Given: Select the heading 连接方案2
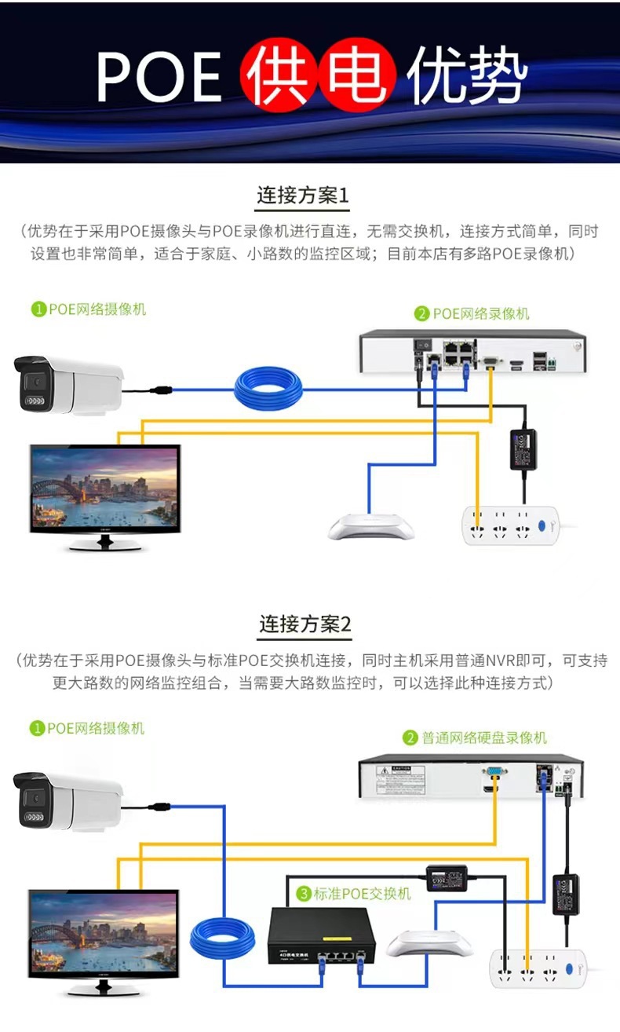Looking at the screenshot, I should click(305, 625).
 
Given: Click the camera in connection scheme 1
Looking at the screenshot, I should click(69, 386).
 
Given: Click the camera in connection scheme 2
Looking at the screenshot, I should click(69, 801).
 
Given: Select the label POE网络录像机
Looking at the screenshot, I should click(480, 314).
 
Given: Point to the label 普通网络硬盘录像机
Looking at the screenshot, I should click(483, 738).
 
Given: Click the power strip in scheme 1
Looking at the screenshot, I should click(509, 525).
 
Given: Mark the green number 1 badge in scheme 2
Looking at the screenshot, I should click(37, 729).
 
